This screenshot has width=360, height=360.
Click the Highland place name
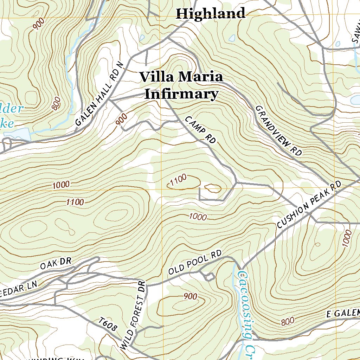pyautogui.click(x=210, y=13)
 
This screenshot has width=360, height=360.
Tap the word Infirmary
pyautogui.click(x=181, y=94)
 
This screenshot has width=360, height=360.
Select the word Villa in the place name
pyautogui.click(x=157, y=77)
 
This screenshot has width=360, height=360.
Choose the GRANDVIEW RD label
pyautogui.click(x=278, y=130)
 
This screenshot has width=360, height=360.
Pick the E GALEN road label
pyautogui.click(x=343, y=313)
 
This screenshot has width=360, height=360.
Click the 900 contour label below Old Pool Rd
pyautogui.click(x=190, y=297)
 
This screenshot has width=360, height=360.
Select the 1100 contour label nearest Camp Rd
pyautogui.click(x=178, y=181)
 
